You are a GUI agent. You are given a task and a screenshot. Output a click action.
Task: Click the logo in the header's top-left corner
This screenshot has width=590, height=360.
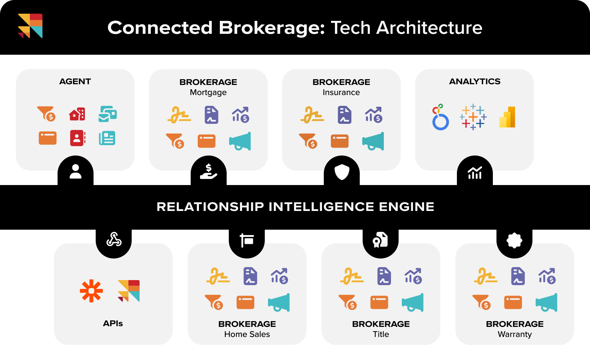click(30, 26)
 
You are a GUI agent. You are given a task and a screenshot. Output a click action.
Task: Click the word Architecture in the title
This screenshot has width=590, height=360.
click(429, 28)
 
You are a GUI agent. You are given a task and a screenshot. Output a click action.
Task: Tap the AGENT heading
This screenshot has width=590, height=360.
click(75, 81)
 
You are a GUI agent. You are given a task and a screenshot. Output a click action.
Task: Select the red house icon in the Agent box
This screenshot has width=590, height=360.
click(77, 114)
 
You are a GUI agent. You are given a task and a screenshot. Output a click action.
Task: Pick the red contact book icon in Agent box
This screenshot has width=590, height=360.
click(78, 138)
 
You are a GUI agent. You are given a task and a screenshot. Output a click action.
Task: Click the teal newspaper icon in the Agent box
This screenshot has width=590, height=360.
click(107, 138)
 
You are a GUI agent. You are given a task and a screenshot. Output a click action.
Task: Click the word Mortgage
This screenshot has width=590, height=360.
click(208, 93)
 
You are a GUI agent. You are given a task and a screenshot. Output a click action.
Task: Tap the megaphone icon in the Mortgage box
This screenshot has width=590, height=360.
click(240, 141)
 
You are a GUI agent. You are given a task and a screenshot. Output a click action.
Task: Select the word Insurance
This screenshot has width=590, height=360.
click(341, 93)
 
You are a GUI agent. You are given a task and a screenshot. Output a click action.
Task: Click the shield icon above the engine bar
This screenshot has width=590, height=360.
click(342, 172)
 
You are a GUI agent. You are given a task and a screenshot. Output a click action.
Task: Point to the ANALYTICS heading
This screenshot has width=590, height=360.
click(475, 81)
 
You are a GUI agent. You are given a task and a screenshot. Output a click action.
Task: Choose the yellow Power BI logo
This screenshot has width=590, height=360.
click(507, 117)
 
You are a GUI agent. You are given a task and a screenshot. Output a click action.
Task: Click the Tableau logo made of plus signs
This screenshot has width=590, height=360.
click(473, 117)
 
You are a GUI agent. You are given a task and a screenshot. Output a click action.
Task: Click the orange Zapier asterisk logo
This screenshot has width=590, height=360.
click(91, 291)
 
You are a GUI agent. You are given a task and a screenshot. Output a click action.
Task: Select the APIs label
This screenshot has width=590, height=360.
click(113, 323)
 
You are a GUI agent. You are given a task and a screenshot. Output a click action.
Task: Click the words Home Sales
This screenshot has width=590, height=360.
click(247, 334)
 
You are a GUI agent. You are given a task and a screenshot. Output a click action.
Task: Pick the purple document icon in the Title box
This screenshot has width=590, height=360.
click(384, 276)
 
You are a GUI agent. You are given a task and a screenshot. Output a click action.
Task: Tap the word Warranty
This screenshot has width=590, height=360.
click(515, 334)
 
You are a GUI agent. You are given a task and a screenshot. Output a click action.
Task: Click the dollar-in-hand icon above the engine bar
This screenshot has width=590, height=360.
click(209, 172)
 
